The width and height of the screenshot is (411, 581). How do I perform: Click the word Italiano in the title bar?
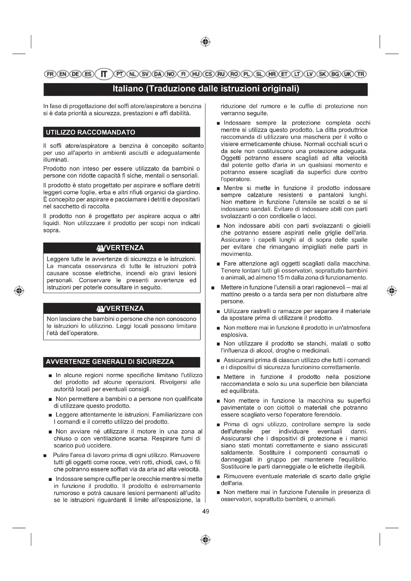tap(128, 89)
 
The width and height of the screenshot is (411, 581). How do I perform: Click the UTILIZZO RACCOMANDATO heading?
tap(90, 132)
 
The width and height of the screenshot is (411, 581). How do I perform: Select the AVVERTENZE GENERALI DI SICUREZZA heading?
tap(110, 362)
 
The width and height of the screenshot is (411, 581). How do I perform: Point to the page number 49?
tap(205, 511)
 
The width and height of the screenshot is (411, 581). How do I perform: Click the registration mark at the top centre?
tap(205, 42)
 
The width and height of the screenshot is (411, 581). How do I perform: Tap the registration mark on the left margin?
tap(19, 291)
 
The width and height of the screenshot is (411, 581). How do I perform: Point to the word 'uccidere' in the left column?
tap(100, 445)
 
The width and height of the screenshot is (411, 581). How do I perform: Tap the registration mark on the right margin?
tap(392, 291)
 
